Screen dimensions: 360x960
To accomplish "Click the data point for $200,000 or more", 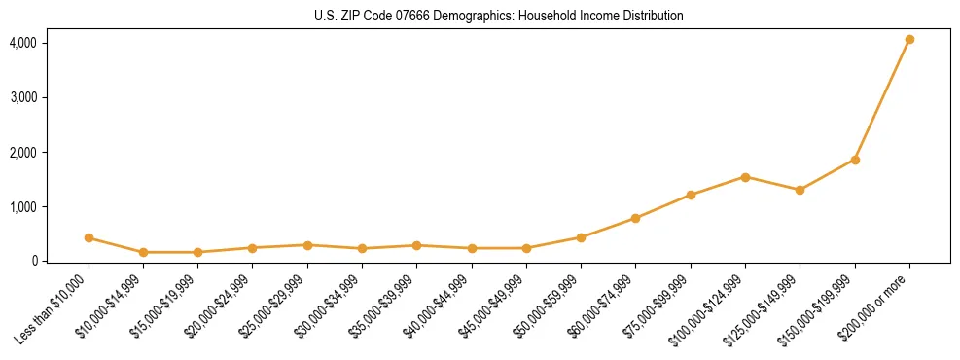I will click(909, 40).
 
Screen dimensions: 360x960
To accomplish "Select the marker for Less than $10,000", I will click(89, 237).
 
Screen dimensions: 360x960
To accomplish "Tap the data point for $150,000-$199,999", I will click(855, 160).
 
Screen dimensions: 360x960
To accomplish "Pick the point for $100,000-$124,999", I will click(745, 177).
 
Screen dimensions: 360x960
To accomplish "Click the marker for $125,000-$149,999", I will click(800, 190).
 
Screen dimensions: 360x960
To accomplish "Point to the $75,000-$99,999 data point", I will click(691, 195).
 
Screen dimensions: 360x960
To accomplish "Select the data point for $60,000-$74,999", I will click(635, 218).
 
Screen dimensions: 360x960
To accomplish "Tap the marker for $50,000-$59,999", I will click(581, 237).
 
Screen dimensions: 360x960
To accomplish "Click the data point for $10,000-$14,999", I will click(143, 252).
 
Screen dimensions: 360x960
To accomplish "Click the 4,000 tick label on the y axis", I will click(23, 44).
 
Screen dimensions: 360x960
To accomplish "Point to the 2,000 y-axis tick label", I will click(23, 153).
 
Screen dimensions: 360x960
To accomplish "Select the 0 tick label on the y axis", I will click(33, 261).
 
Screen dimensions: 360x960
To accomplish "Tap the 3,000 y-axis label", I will click(23, 98).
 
